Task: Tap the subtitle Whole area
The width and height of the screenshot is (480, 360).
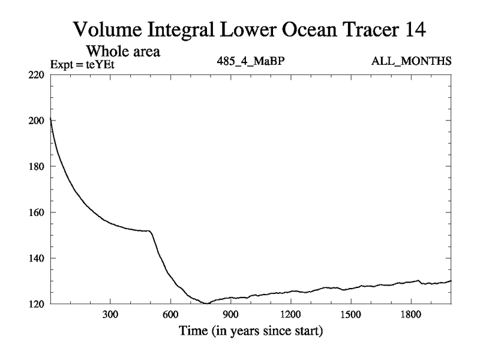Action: [125, 52]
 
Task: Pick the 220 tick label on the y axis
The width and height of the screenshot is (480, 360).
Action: [37, 75]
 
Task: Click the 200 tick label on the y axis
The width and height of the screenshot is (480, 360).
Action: [37, 121]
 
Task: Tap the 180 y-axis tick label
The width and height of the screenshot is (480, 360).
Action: [37, 166]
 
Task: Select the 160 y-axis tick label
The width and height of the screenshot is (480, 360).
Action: [37, 212]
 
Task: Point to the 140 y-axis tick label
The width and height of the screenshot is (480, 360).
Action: [37, 258]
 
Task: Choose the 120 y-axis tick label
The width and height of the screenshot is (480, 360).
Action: [37, 304]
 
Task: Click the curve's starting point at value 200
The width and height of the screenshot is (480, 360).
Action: [50, 121]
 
